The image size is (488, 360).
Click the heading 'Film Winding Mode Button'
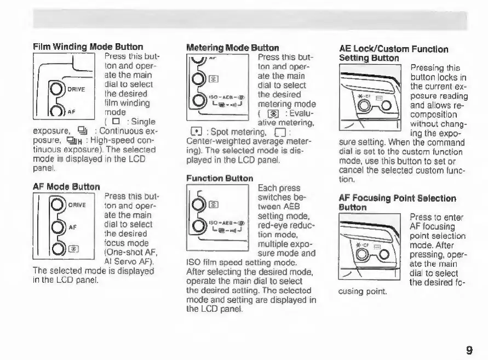click(x=88, y=47)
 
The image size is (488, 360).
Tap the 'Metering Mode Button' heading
click(x=233, y=48)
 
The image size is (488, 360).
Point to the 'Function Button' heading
click(x=220, y=179)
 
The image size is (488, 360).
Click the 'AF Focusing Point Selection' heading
click(x=397, y=198)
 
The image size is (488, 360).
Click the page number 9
click(x=469, y=350)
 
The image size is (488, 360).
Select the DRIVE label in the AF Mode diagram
click(x=77, y=205)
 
